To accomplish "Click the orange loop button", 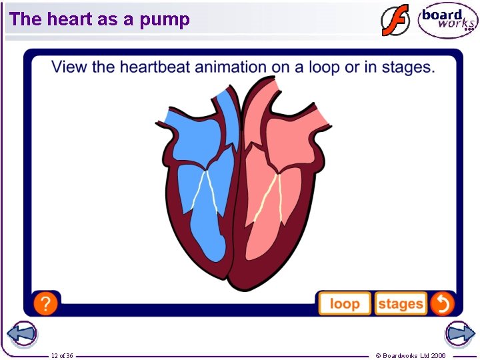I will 345,304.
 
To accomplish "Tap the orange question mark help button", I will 45,304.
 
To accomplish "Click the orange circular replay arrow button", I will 441,304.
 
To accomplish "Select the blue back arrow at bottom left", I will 21,334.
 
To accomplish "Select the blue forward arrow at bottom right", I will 459,334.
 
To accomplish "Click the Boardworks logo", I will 447,21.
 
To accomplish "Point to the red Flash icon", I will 395,21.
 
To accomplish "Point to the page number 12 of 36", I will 62,355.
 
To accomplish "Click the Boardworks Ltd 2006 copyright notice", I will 411,355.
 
